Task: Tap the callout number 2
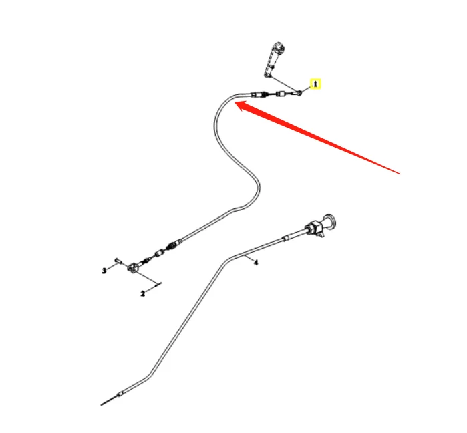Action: coord(142,293)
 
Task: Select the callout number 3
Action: coord(104,270)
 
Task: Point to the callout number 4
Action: coord(255,263)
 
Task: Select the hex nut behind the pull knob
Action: coord(311,228)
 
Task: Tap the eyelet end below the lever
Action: coord(298,94)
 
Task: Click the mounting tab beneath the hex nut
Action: coord(321,235)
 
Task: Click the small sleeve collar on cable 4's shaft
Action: coord(286,237)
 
